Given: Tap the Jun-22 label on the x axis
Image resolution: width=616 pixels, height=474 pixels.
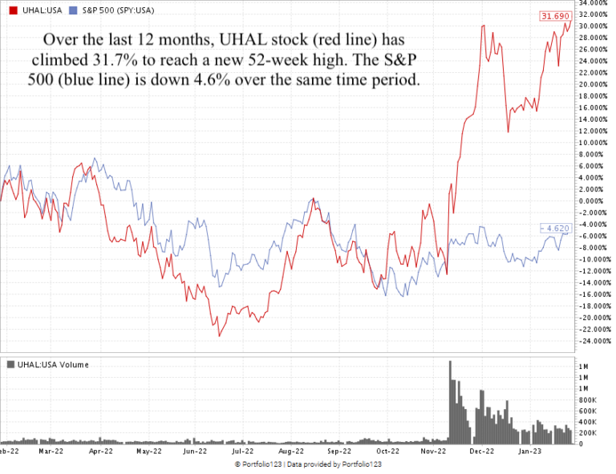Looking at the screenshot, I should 196,452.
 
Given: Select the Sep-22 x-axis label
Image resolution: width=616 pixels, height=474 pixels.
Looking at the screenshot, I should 339,452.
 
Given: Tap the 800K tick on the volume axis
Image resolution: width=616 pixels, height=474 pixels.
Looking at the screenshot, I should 586,399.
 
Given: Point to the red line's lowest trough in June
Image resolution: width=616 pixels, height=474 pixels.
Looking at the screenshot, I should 218,334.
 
